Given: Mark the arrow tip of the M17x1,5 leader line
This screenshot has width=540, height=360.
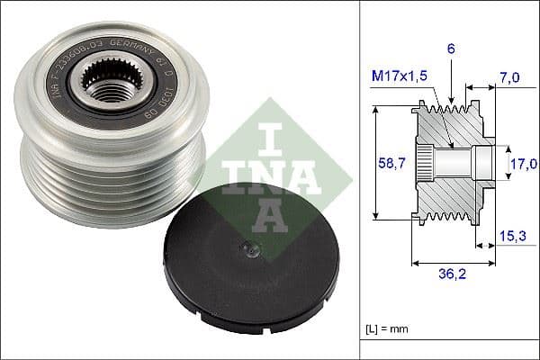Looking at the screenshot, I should [450, 144].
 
